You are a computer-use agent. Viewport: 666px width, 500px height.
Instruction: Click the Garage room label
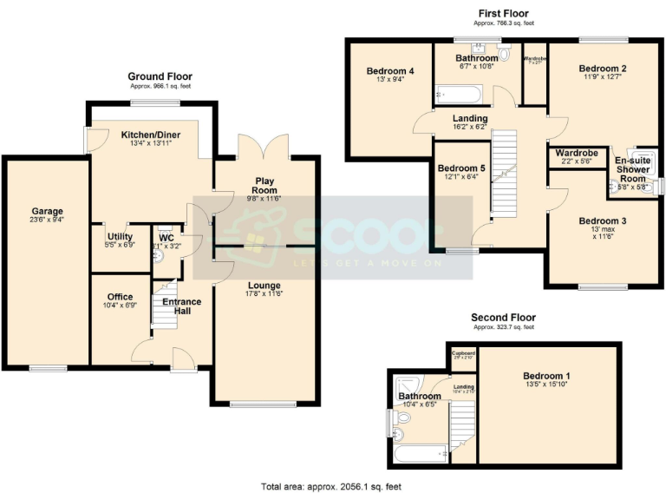click(47, 210)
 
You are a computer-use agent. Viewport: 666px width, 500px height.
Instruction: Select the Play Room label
click(264, 186)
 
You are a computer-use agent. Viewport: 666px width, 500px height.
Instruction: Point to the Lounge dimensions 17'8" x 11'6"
click(264, 293)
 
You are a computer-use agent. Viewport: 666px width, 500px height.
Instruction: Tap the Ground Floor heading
click(160, 76)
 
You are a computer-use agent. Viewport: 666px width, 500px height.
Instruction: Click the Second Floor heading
click(503, 318)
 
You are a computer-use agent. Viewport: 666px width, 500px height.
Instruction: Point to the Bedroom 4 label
click(389, 71)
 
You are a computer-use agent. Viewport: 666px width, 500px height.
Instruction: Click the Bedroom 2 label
click(603, 69)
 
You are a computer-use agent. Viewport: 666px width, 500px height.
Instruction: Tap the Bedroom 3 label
click(603, 220)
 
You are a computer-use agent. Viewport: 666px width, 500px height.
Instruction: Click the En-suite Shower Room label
click(633, 169)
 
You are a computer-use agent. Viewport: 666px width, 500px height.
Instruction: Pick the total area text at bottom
click(331, 487)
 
